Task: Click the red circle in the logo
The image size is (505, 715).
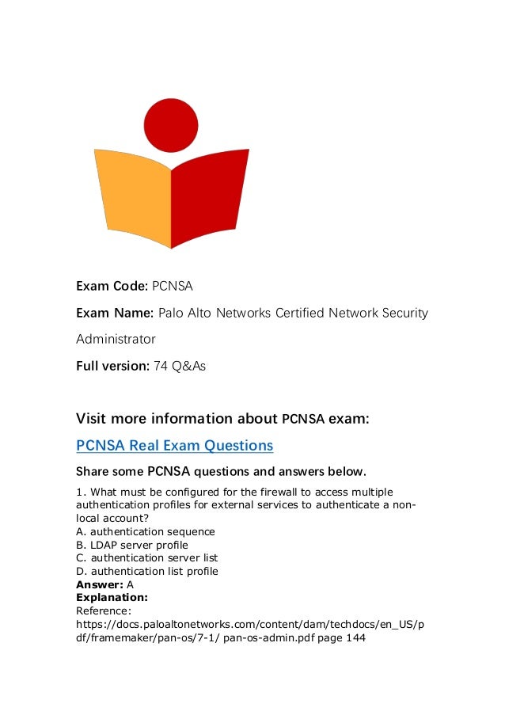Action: tap(172, 125)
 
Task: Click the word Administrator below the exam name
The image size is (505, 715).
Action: tap(116, 340)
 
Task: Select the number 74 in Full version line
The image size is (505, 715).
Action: tap(161, 367)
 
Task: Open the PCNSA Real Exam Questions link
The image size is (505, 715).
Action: tap(174, 445)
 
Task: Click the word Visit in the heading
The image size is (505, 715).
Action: tap(93, 418)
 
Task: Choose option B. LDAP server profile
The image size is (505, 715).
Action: tap(131, 545)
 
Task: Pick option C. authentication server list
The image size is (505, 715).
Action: tap(146, 557)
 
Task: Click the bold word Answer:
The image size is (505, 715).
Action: tap(100, 584)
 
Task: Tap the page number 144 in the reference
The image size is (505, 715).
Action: tap(355, 637)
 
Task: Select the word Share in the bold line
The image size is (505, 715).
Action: tap(93, 473)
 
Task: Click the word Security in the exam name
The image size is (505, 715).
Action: tap(402, 313)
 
